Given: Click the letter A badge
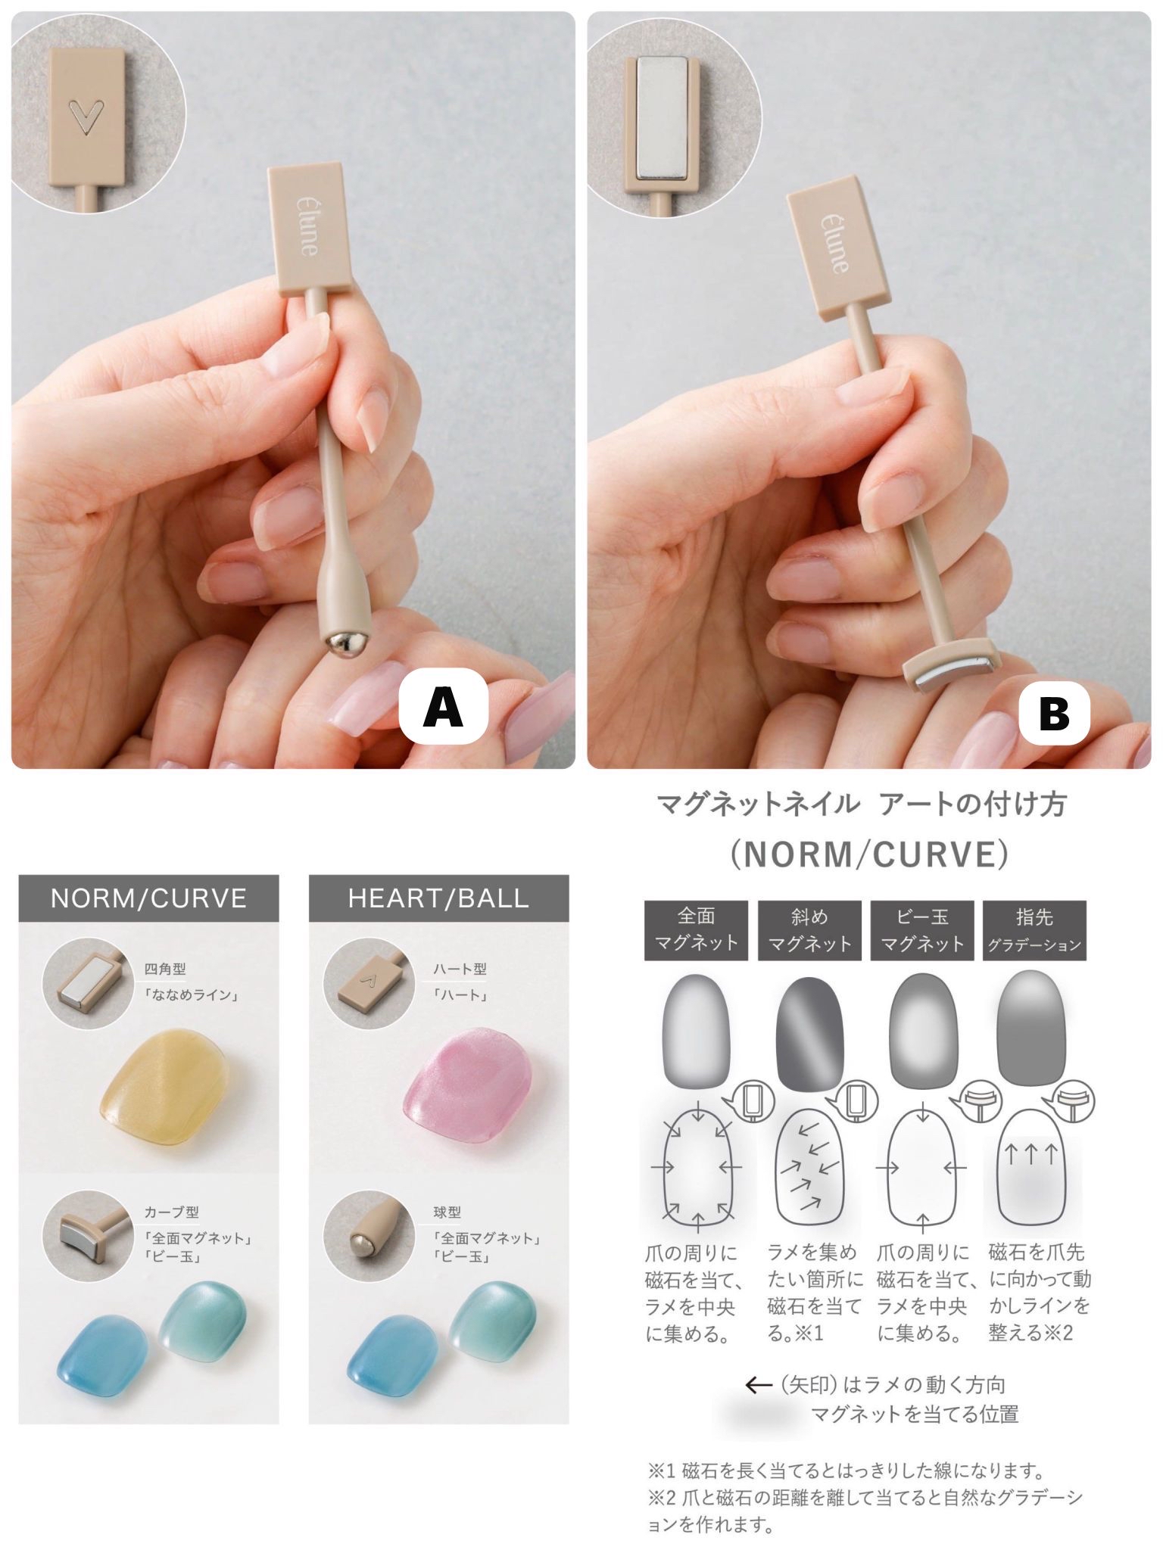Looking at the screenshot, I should tap(444, 705).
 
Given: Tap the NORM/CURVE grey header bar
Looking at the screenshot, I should tap(148, 898).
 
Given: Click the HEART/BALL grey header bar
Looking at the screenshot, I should tap(438, 898).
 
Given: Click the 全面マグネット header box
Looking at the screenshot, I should tap(696, 930).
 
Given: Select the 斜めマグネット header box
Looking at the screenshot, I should tap(809, 930).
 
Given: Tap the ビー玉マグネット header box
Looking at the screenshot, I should tap(921, 930).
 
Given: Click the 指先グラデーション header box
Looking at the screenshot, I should tap(1034, 930).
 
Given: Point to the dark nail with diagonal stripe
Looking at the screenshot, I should tap(809, 1033).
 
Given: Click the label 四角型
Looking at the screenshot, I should tap(165, 970).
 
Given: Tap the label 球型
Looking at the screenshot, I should tap(447, 1212).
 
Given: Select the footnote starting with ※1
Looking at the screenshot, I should tap(846, 1471).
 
